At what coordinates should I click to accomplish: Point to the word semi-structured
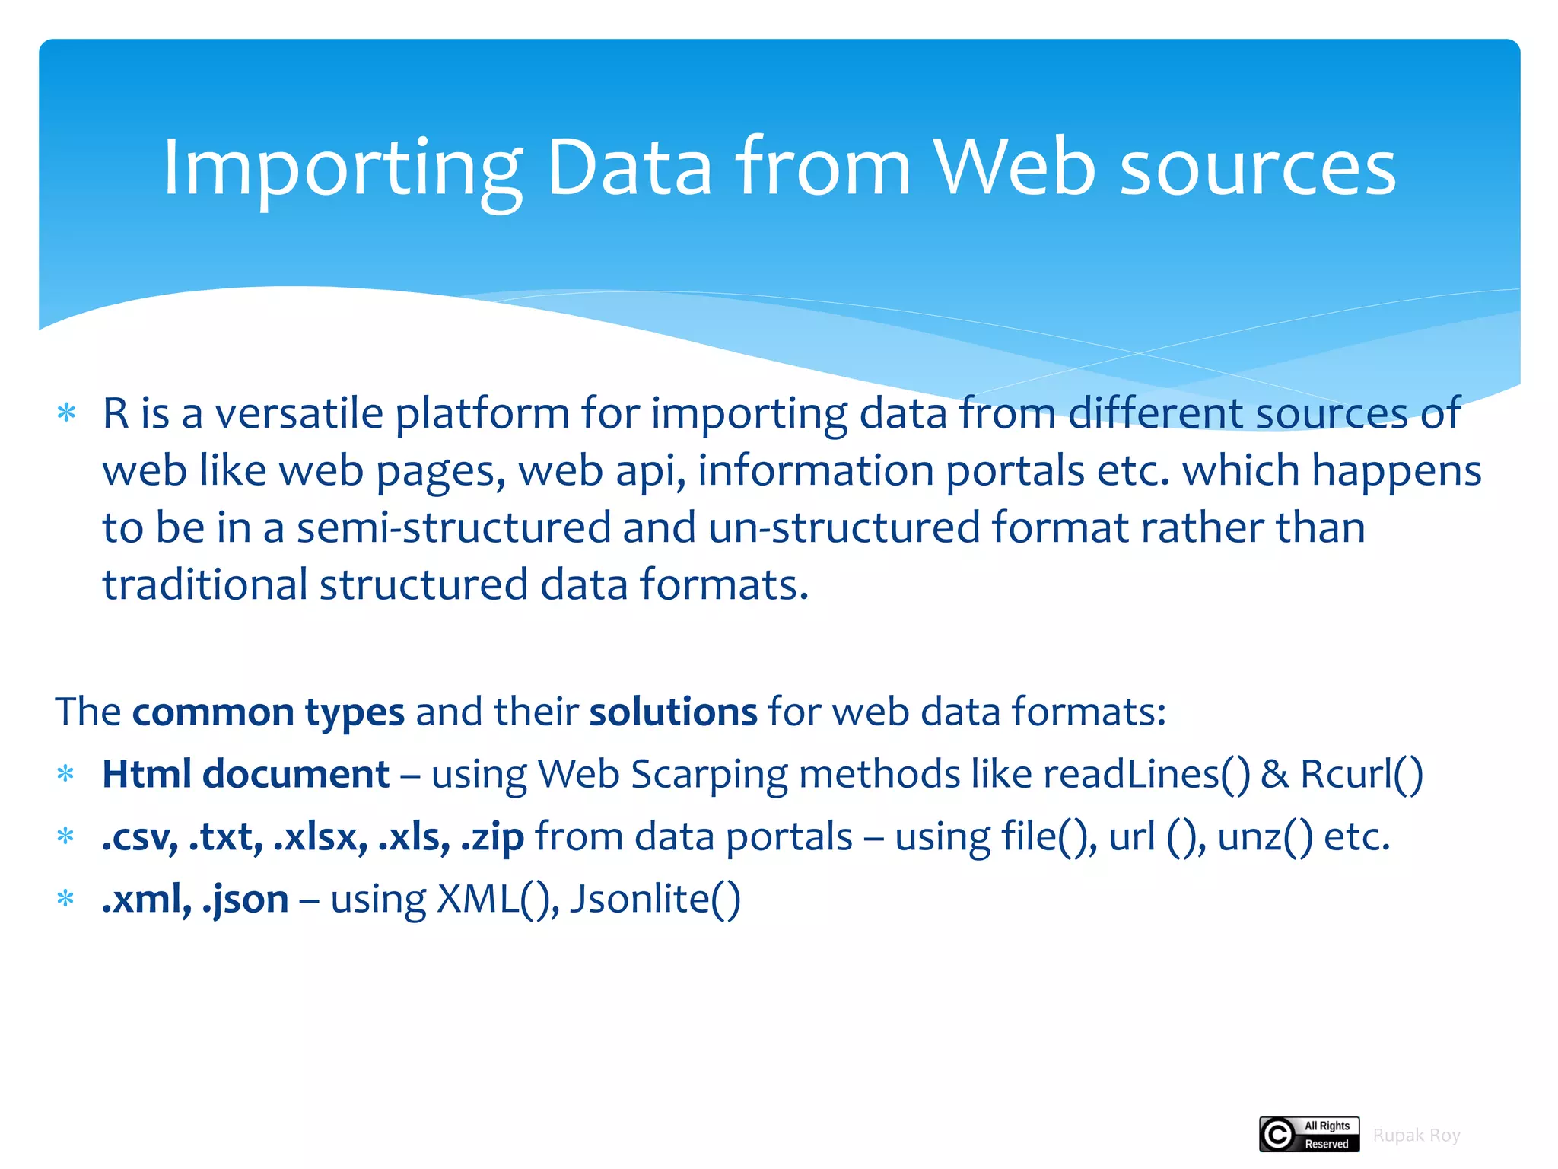pyautogui.click(x=453, y=527)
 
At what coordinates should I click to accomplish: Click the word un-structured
pyautogui.click(x=844, y=527)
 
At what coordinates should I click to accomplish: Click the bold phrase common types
pyautogui.click(x=268, y=712)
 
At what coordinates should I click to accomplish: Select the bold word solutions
pyautogui.click(x=672, y=712)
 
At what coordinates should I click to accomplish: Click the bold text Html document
pyautogui.click(x=245, y=774)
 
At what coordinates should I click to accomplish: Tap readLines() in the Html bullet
pyautogui.click(x=1146, y=774)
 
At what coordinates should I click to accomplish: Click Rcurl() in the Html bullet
pyautogui.click(x=1361, y=774)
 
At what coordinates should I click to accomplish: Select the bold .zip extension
pyautogui.click(x=492, y=837)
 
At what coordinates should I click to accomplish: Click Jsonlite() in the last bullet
pyautogui.click(x=654, y=900)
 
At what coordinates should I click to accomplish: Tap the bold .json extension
pyautogui.click(x=245, y=900)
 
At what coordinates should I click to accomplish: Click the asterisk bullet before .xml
pyautogui.click(x=66, y=899)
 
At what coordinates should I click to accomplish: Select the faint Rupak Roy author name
pyautogui.click(x=1416, y=1136)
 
